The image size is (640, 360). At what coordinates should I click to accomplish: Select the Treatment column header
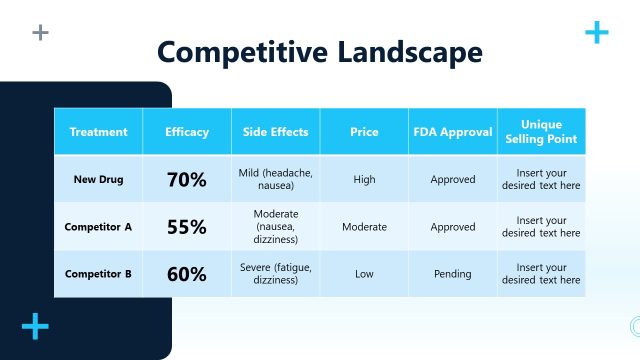[98, 132]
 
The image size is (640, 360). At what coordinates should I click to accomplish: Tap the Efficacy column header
[187, 132]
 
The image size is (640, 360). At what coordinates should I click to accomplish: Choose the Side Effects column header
[276, 132]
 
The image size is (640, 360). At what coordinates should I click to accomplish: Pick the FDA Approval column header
[453, 132]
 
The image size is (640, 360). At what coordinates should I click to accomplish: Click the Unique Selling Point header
[541, 132]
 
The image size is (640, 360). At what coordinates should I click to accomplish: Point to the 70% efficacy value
[187, 180]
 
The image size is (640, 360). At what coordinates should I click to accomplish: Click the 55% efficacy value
[187, 227]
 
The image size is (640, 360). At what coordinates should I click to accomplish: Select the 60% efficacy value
[187, 274]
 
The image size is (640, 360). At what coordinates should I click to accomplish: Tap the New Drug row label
[98, 180]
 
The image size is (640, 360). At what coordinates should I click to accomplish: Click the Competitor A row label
[98, 227]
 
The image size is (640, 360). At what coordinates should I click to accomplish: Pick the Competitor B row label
[98, 274]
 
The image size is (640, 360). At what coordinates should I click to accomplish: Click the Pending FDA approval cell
[453, 274]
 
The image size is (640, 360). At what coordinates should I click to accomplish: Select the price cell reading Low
[364, 274]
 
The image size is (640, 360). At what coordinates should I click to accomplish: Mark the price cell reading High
[364, 180]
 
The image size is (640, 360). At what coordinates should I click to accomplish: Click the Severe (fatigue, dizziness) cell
[276, 274]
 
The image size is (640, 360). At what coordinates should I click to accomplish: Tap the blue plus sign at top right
[596, 33]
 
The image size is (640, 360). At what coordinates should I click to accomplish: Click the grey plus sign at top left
[40, 33]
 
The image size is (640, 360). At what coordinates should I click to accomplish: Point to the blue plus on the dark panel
[35, 326]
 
